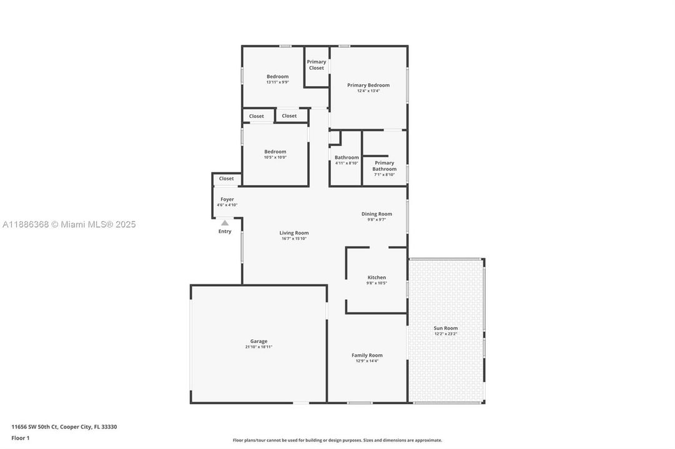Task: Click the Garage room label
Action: [x=259, y=341]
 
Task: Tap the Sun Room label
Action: [x=446, y=328]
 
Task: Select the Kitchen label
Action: [x=377, y=278]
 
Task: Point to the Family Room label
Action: [x=367, y=355]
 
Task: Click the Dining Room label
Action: [x=377, y=214]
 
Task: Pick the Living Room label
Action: [x=294, y=233]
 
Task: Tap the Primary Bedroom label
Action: [x=368, y=85]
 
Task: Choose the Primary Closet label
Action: [x=317, y=65]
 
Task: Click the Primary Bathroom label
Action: [x=385, y=166]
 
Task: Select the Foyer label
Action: [x=227, y=200]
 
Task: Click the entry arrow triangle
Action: [x=225, y=223]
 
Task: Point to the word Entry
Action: [x=225, y=231]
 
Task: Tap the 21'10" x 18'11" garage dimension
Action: [x=259, y=347]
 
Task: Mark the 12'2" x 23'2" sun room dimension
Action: [x=446, y=334]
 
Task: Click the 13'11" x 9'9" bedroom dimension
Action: [x=278, y=82]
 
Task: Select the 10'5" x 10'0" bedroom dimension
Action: [x=275, y=157]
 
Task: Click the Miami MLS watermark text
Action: [x=69, y=224]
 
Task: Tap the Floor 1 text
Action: [x=21, y=438]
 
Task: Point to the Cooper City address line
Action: [x=64, y=427]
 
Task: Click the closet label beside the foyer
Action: [x=227, y=178]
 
